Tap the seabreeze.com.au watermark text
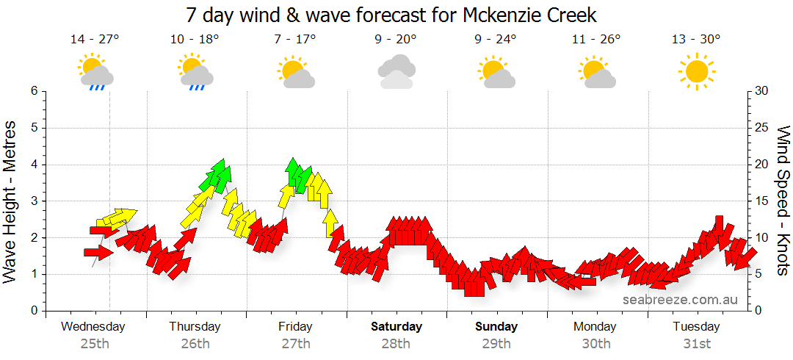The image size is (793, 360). click(680, 300)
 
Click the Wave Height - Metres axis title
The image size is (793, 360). click(10, 201)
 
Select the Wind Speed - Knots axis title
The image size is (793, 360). click(783, 201)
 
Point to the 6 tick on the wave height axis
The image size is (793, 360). click(33, 91)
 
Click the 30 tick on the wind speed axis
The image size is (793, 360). click(762, 91)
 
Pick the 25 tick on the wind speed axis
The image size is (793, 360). click(762, 128)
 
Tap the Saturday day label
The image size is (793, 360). click(396, 327)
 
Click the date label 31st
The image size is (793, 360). click(696, 344)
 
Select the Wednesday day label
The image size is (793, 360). click(93, 327)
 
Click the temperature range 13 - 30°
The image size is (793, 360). click(696, 40)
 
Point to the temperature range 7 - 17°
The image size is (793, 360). click(296, 40)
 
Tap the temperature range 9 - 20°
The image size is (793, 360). click(396, 40)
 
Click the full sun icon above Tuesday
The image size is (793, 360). click(696, 72)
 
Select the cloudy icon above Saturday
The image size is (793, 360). click(396, 72)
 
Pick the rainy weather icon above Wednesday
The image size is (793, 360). click(95, 72)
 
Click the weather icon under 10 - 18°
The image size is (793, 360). click(195, 72)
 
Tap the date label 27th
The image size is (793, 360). click(296, 344)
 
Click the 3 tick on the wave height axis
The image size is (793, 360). click(33, 201)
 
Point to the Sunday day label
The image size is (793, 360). click(496, 327)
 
